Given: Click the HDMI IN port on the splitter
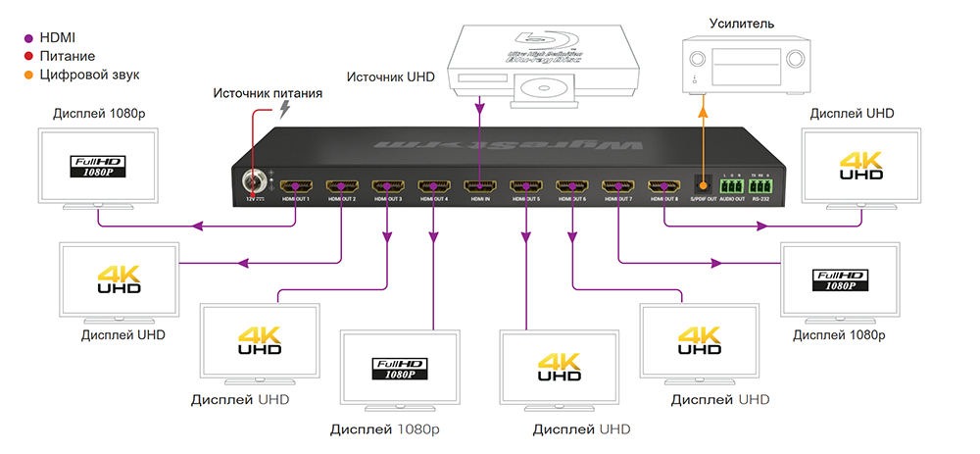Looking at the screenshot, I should pos(478,185).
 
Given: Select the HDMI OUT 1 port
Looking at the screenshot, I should pos(295,185).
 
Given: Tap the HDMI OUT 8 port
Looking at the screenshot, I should pos(664,185).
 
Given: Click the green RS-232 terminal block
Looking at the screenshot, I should pos(759,184).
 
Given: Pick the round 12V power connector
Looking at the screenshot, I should pos(253,182).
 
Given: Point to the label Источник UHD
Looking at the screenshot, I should pos(390,76).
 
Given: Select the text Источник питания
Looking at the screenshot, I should pos(269,93).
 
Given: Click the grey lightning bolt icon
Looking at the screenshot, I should pos(285,109).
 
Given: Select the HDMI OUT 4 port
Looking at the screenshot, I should pos(432,185).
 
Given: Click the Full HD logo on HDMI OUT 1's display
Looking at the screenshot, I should pos(98,165).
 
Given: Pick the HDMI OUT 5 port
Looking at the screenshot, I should pos(525,185).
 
